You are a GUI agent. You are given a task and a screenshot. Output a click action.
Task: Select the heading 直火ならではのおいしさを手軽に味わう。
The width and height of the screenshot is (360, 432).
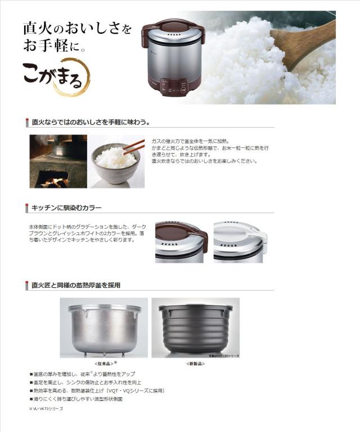[90, 121]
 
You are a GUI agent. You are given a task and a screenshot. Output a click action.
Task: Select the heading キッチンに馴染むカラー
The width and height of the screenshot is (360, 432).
[66, 208]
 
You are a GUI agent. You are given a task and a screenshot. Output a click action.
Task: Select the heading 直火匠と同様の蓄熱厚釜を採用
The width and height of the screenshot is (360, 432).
[76, 285]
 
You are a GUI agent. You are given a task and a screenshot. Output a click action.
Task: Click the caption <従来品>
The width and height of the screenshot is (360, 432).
[105, 363]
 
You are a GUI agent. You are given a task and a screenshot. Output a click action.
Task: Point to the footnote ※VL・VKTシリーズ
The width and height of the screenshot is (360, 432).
[46, 409]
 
